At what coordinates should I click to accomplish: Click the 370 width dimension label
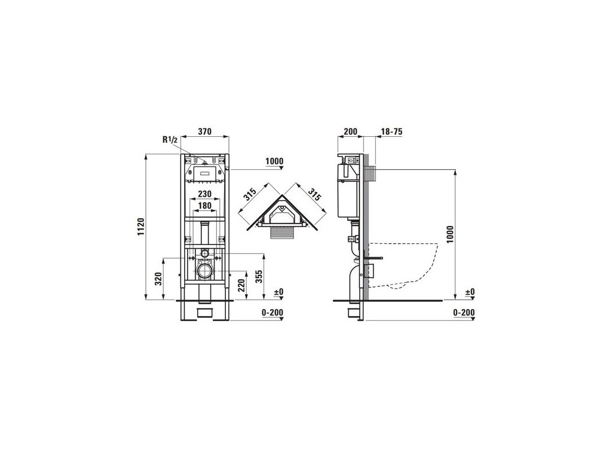point(205,131)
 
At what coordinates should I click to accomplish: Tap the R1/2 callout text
point(170,140)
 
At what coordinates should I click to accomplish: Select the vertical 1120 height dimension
point(141,226)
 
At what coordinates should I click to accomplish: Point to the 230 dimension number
point(204,194)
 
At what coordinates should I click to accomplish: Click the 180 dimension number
point(204,206)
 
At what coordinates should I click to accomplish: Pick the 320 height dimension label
point(158,279)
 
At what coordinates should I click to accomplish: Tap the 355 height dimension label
point(258,276)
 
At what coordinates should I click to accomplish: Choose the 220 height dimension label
point(241,285)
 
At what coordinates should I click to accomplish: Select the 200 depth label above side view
point(350,131)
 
